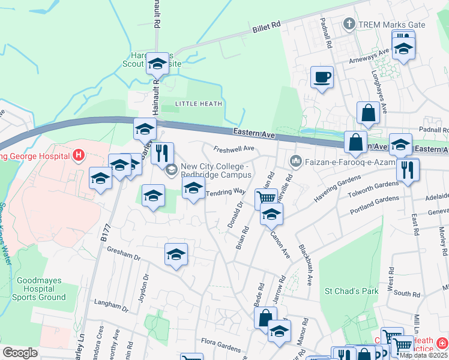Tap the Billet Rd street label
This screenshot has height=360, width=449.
[267, 28]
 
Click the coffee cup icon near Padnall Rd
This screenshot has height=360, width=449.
[322, 77]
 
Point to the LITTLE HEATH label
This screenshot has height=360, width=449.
[199, 104]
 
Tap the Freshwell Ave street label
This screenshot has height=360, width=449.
[235, 149]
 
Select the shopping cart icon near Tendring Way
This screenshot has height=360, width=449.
[266, 197]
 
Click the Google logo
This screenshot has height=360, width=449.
[20, 353]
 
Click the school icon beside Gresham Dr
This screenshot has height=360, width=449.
[176, 254]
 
